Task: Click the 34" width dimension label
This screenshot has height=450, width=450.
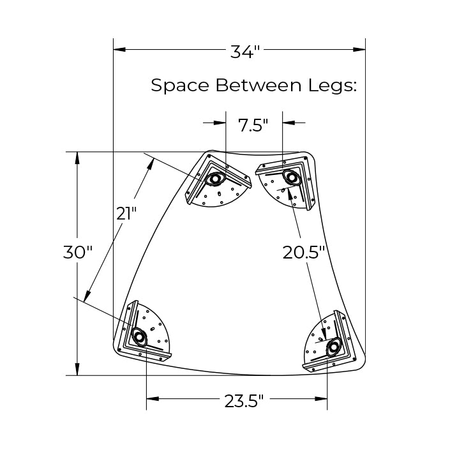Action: point(245,52)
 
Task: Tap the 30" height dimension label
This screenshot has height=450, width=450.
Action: point(77,252)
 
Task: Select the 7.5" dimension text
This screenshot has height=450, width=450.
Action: point(253,125)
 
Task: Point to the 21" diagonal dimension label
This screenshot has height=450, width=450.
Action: point(126,213)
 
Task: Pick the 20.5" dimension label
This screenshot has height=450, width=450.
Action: point(303,253)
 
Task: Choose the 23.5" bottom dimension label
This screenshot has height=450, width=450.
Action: point(244,401)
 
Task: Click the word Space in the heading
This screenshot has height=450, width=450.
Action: point(180,86)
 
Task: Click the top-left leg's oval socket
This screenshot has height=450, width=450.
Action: point(214,179)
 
